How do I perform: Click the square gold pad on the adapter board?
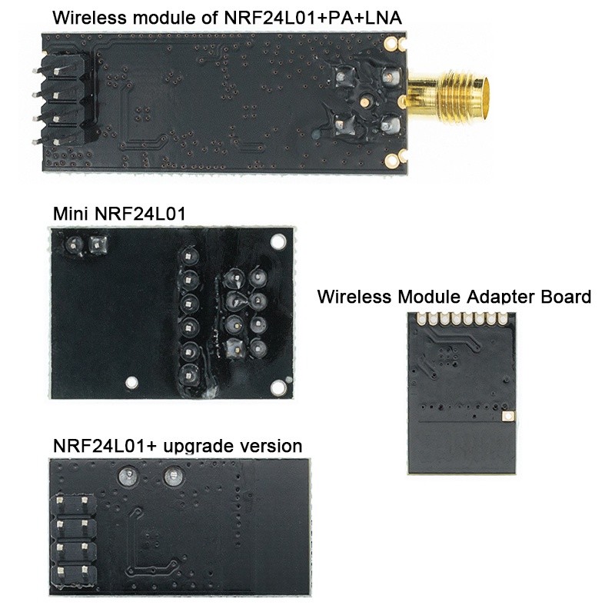(507, 416)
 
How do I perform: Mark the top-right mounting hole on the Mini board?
(277, 242)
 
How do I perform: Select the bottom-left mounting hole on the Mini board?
(132, 381)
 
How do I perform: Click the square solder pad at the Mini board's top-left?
(97, 245)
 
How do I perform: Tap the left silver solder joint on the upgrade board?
(126, 478)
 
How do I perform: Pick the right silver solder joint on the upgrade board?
(171, 478)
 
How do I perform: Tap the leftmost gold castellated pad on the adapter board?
(420, 319)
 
